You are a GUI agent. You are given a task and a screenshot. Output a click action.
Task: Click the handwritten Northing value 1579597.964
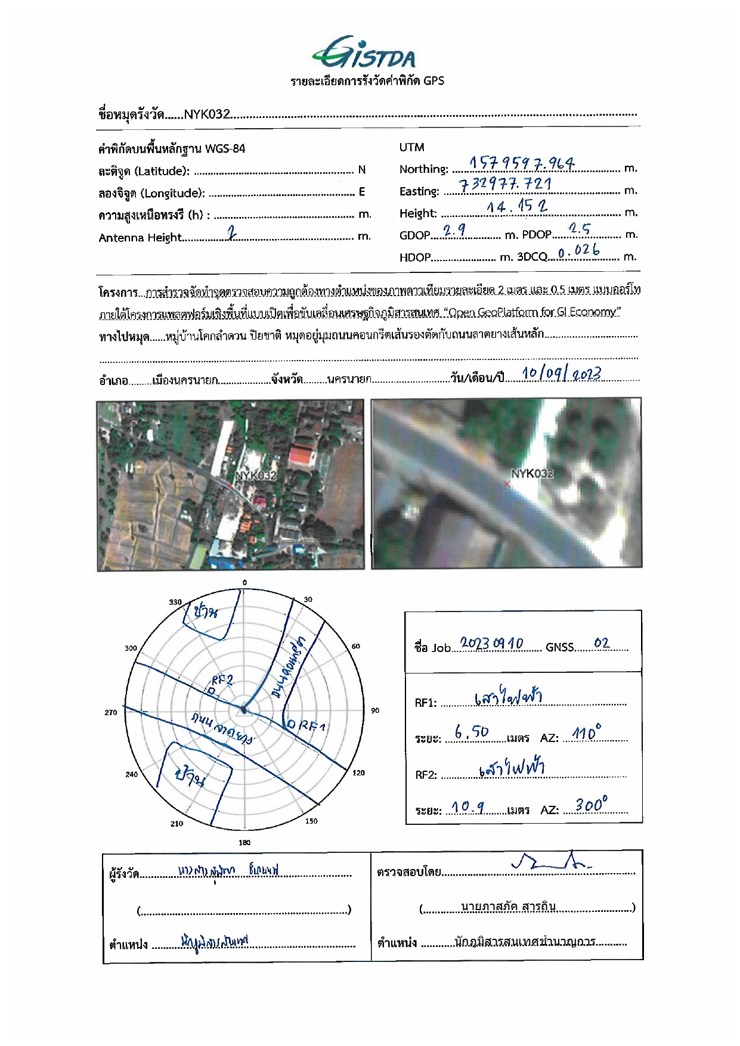(521, 163)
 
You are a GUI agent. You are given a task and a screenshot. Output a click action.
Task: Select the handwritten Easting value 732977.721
(505, 184)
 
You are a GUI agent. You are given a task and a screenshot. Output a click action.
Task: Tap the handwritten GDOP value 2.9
(454, 230)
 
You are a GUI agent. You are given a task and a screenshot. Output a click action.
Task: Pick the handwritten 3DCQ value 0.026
(578, 252)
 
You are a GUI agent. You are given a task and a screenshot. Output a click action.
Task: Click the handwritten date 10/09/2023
(561, 374)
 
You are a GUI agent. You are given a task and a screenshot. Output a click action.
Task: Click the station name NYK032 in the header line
(206, 114)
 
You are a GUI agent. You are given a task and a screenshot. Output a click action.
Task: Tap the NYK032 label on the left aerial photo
(256, 476)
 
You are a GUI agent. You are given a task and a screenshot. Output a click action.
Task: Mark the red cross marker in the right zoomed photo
(507, 484)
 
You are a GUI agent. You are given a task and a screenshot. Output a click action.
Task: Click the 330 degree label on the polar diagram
(175, 602)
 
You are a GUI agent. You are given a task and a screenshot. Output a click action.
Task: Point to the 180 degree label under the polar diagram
(244, 842)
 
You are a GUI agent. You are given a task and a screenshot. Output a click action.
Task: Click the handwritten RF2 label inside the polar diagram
(222, 681)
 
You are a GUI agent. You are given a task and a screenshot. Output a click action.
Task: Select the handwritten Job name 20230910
(491, 644)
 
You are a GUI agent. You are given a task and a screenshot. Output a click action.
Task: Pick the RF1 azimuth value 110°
(587, 732)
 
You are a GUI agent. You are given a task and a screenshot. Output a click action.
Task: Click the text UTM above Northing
(411, 147)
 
